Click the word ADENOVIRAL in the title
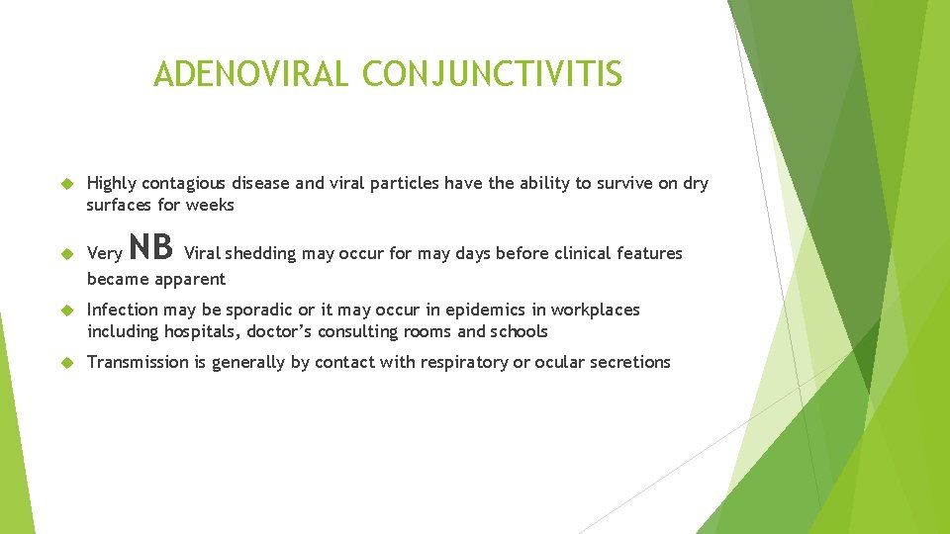click(x=251, y=73)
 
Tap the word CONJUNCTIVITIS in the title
click(x=492, y=73)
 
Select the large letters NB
click(x=151, y=247)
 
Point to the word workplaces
click(x=595, y=310)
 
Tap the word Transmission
click(x=138, y=362)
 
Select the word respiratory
click(x=459, y=362)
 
